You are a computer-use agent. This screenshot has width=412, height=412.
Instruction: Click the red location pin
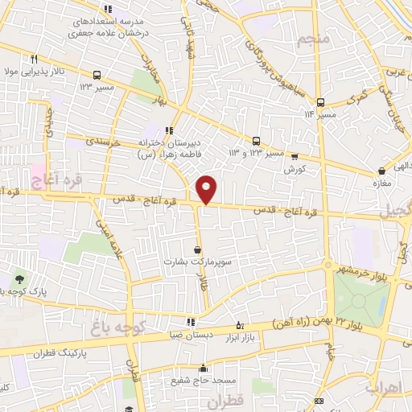pos(207,188)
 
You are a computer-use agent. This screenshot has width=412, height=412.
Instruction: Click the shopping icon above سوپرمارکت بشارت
pos(198,249)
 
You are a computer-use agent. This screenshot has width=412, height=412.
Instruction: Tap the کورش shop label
pos(294,169)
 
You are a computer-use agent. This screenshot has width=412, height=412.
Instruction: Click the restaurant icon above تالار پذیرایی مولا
pos(34,58)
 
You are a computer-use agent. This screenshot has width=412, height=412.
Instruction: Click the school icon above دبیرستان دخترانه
pos(169,130)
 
